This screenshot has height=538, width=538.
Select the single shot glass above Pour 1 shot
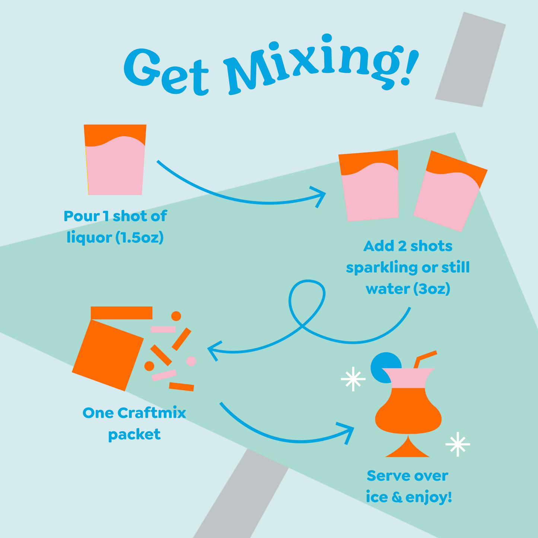click(115, 160)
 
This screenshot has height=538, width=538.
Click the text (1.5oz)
click(139, 238)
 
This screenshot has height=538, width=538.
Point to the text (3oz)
click(432, 289)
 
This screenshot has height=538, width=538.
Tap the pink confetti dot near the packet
click(191, 361)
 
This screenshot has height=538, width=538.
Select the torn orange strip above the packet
click(121, 313)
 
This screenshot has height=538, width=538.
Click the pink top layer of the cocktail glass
click(408, 378)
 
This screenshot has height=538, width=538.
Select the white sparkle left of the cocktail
click(353, 380)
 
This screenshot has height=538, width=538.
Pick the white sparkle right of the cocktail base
click(458, 444)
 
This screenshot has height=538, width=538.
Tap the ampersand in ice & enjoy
click(397, 497)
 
